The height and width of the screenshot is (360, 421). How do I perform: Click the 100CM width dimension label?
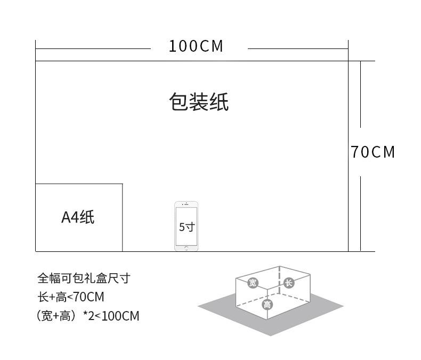point(196,46)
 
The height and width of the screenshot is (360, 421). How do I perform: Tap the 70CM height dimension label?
point(373,152)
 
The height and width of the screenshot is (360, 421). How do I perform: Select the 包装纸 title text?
point(199,102)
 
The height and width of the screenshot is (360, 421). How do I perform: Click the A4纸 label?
point(78,217)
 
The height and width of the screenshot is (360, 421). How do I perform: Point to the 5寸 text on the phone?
point(187,227)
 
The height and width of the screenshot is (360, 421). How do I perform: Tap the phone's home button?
point(187,248)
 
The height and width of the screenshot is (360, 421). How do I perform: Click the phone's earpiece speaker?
point(187,204)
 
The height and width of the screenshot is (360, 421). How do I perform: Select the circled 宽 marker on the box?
point(253,283)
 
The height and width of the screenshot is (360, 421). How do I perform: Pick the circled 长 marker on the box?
point(289,283)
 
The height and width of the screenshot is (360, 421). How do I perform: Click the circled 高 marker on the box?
point(267,305)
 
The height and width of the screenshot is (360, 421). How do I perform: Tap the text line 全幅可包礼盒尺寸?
point(84,278)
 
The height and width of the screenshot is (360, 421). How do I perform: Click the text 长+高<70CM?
point(71,297)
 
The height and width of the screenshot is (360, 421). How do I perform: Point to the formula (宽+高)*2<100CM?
point(88,316)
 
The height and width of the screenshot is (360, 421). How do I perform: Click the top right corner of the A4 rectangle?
point(123,184)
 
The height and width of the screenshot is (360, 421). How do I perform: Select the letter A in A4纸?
point(66,218)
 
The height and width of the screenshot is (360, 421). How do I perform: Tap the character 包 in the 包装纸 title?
point(179,102)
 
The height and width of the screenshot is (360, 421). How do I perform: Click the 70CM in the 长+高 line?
point(88,297)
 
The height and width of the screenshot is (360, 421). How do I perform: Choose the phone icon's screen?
point(187,226)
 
